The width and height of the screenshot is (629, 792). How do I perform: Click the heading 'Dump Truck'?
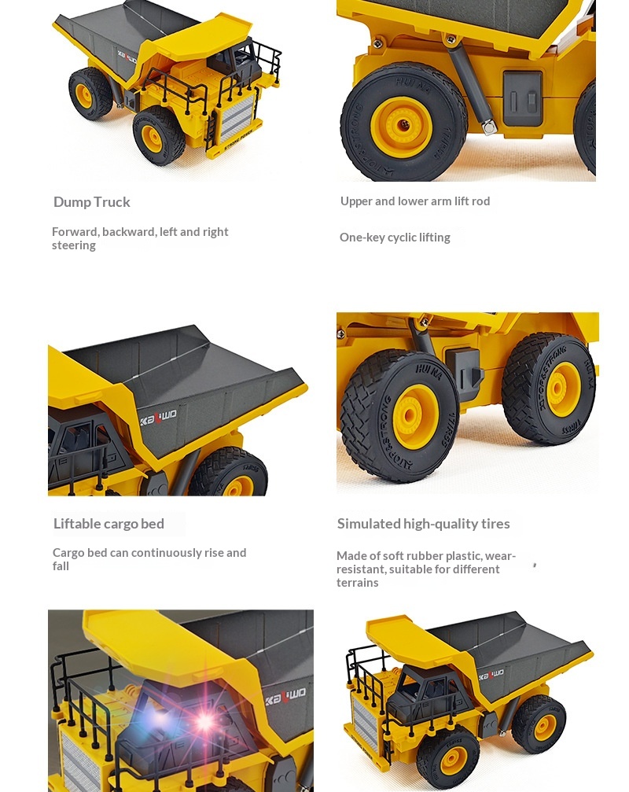point(91,202)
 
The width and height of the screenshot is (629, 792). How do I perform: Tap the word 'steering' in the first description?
point(74,245)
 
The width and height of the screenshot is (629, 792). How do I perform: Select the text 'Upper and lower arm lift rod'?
point(415,201)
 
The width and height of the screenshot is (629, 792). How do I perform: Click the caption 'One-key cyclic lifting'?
point(395,238)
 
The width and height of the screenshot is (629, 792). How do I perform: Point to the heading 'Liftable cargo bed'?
point(109,524)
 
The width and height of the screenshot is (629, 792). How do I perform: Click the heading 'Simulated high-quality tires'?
point(423,524)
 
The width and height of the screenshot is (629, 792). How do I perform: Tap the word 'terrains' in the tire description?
point(358,583)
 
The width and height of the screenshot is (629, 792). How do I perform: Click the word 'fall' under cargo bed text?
point(61,566)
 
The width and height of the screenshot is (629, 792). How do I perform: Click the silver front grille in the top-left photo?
point(236,120)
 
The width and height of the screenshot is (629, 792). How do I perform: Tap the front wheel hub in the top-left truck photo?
point(152,138)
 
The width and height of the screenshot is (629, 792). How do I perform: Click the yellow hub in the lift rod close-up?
point(401,123)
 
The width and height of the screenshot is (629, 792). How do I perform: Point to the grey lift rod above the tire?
point(471,87)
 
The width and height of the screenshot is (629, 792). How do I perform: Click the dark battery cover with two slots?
point(523,99)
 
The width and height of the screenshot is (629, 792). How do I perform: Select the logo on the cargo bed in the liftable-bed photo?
point(158,417)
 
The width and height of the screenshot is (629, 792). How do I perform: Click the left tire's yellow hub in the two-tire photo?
point(415,417)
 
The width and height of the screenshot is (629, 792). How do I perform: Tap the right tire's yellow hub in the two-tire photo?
point(562,389)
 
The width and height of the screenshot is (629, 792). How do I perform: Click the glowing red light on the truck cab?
point(205,721)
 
